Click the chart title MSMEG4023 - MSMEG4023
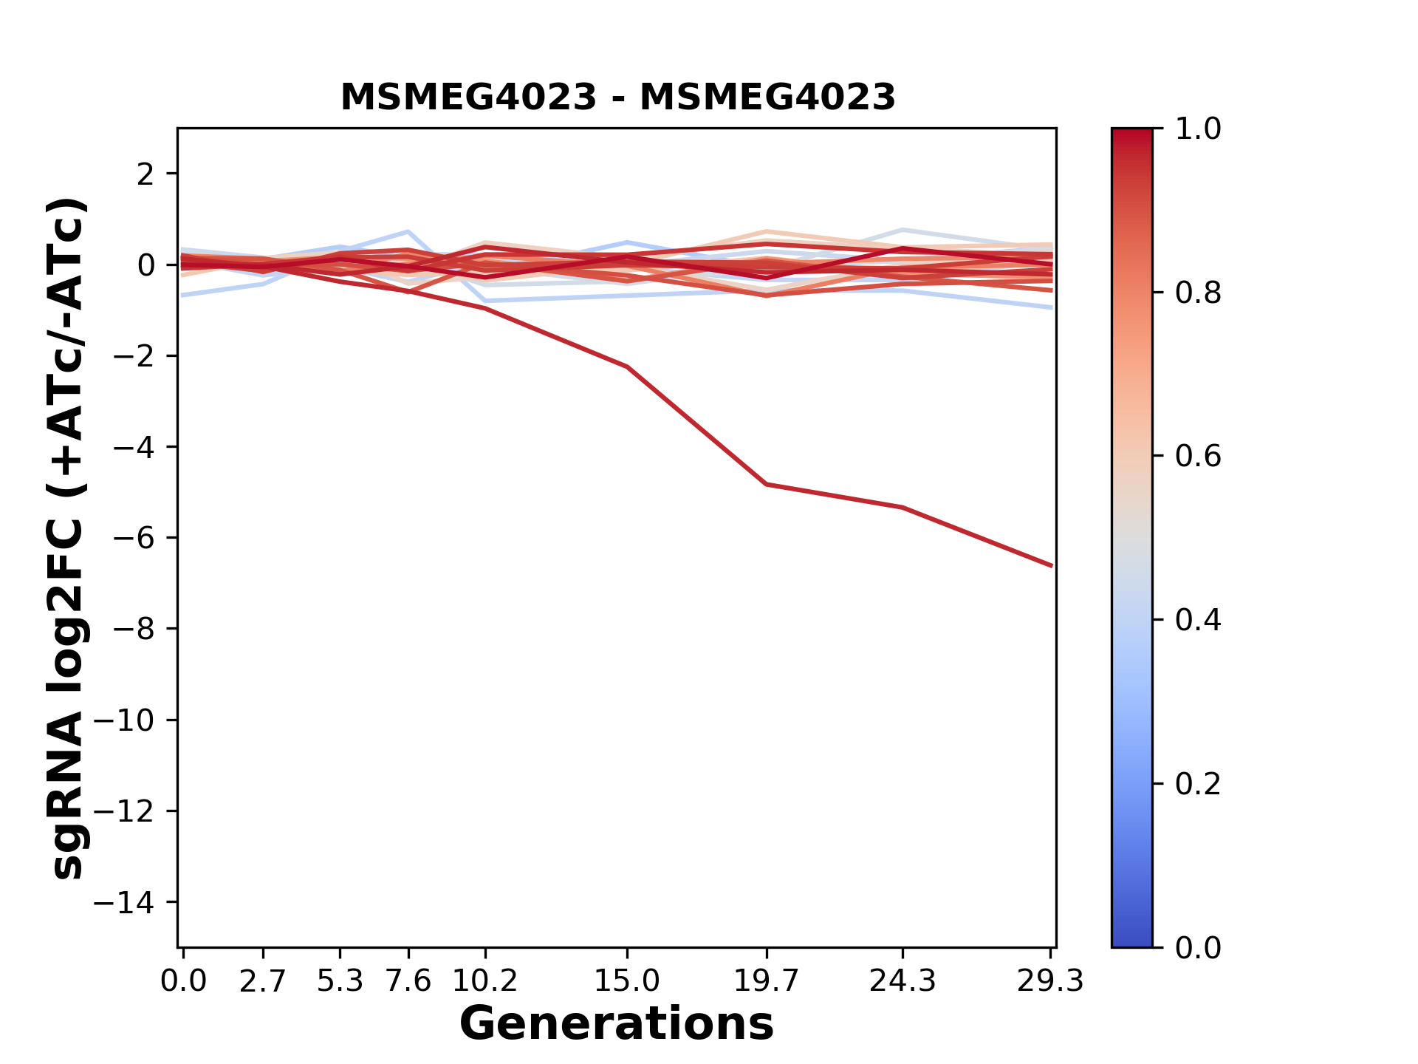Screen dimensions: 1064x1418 (617, 98)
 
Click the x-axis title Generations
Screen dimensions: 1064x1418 (617, 1024)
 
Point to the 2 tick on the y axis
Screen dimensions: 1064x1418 (145, 174)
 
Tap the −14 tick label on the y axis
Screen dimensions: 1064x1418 (134, 902)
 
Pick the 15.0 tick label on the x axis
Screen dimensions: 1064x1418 (627, 981)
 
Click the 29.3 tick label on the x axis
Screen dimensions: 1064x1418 (1050, 981)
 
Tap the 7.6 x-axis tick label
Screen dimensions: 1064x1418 (408, 981)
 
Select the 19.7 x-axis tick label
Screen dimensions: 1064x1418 (767, 981)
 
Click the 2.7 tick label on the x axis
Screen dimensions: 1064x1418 (263, 981)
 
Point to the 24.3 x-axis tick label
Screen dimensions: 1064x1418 (902, 981)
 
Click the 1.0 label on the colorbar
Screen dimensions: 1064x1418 (1198, 129)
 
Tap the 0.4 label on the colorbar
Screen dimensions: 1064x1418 (1198, 620)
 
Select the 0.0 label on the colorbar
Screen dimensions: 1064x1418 (1198, 947)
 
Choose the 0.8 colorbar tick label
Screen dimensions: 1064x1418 (1198, 293)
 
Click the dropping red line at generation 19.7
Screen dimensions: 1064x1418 (767, 484)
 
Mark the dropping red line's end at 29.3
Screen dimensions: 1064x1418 (1051, 565)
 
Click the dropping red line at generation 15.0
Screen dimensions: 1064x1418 (627, 366)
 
